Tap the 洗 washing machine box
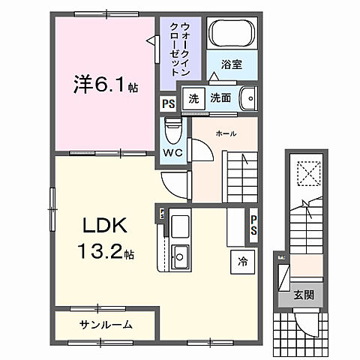click(194, 99)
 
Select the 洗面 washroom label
click(220, 98)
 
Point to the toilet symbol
click(173, 130)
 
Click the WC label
click(173, 151)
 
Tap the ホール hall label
click(226, 133)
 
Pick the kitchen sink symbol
click(181, 257)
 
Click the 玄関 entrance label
click(303, 295)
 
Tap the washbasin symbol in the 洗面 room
click(249, 98)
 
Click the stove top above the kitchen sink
click(181, 225)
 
